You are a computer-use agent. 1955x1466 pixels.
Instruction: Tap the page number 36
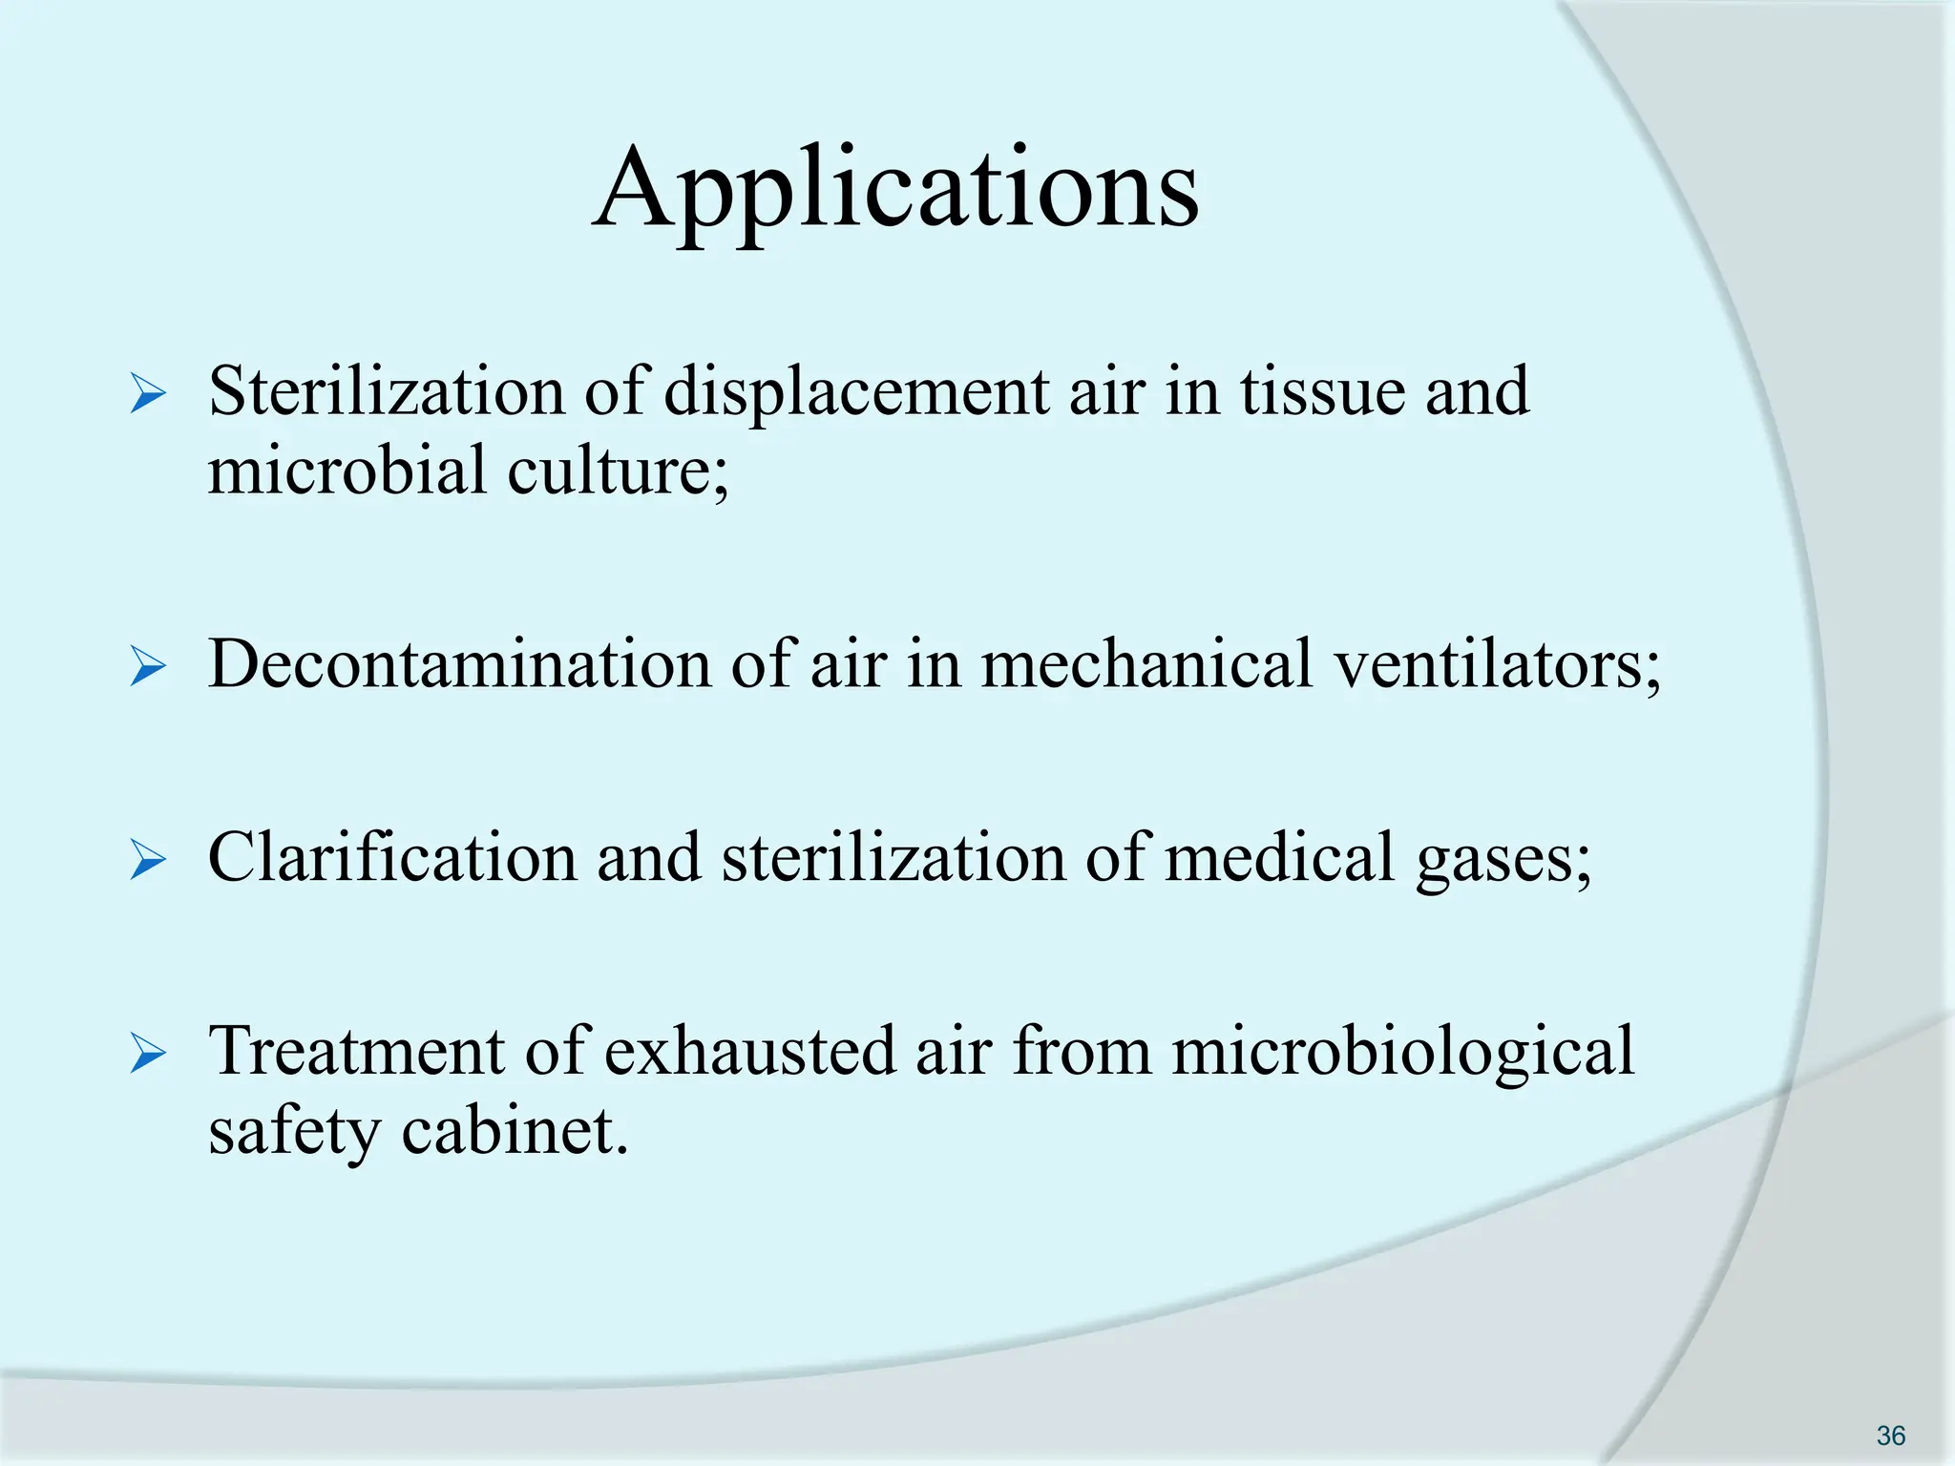[x=1890, y=1435]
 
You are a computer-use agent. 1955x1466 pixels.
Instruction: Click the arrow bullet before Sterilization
[x=148, y=394]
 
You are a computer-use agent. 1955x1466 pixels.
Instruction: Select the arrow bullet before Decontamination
[x=148, y=665]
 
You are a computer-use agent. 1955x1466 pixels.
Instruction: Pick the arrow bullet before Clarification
[x=148, y=859]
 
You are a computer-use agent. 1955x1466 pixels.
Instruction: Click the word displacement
[x=855, y=392]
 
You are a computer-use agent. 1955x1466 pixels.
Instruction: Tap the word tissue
[x=1322, y=392]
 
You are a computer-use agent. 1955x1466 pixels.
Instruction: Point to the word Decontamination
[x=459, y=664]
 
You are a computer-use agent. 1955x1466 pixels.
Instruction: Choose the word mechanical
[x=1146, y=664]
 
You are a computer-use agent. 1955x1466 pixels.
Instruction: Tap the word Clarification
[x=392, y=857]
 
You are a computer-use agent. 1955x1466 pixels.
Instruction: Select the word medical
[x=1279, y=857]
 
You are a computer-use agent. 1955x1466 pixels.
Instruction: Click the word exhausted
[x=750, y=1052]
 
